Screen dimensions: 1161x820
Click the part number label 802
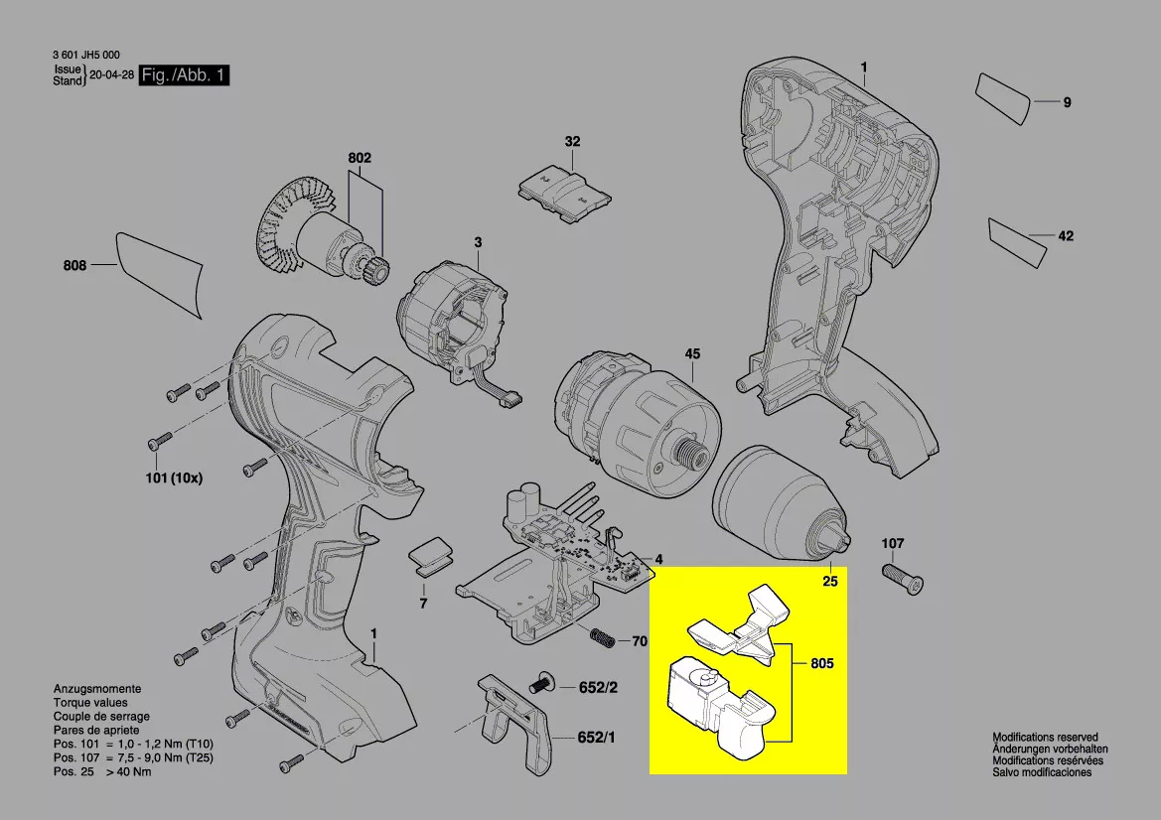(360, 158)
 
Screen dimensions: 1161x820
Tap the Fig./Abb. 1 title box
(184, 74)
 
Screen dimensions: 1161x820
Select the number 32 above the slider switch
(572, 141)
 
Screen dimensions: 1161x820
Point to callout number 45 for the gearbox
(692, 353)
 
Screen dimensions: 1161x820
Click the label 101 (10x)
(173, 478)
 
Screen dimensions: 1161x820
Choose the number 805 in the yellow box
(822, 663)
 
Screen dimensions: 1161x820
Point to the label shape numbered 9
(1002, 97)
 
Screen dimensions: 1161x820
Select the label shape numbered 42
(1017, 242)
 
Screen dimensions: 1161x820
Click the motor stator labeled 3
(454, 320)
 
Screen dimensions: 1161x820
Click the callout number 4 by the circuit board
(658, 560)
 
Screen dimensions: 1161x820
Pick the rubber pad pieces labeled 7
(432, 557)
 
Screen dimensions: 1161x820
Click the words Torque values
(90, 702)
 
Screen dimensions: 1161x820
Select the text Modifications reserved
(1046, 738)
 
